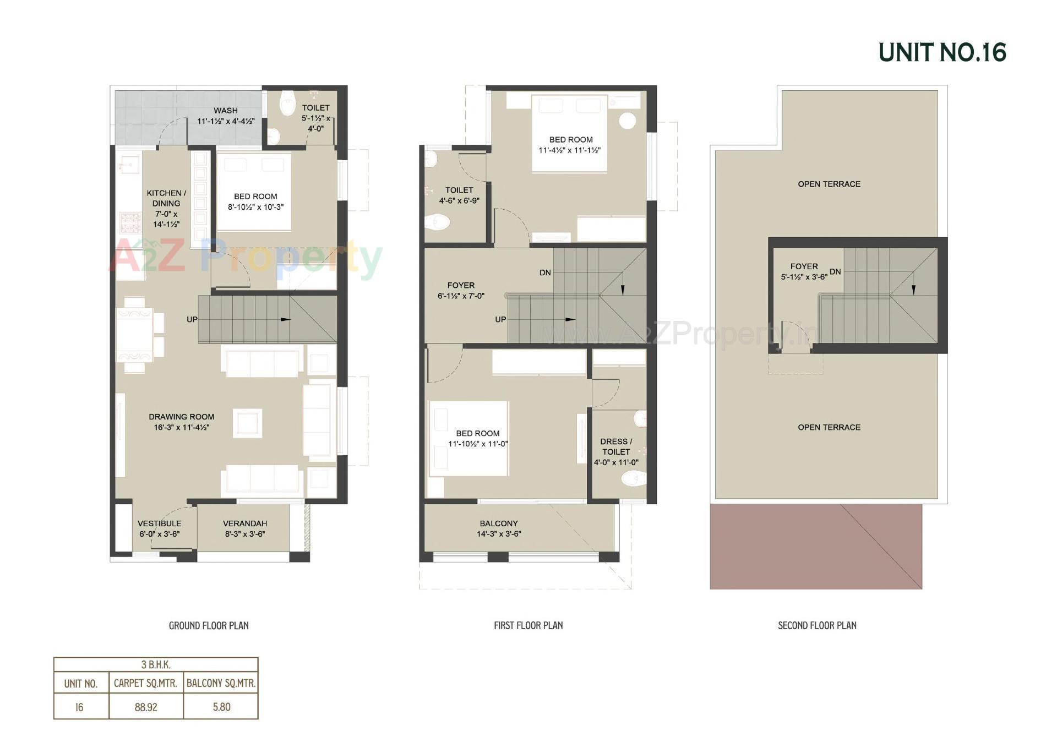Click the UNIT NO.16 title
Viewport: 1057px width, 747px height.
942,53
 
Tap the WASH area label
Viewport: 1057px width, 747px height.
226,111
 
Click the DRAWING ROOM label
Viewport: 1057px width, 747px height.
181,417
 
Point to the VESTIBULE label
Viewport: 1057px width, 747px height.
159,524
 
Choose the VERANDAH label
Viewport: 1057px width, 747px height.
245,524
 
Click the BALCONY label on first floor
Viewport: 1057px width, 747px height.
498,524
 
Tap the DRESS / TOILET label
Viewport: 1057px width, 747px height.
615,446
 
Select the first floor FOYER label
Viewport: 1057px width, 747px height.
461,285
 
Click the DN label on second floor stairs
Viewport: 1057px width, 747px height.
835,271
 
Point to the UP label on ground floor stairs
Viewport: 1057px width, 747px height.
192,319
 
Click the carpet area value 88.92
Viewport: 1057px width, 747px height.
146,707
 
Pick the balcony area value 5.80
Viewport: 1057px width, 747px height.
221,707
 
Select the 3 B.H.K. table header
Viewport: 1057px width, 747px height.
156,664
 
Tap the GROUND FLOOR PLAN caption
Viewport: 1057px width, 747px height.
209,625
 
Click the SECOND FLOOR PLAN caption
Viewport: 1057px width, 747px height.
817,625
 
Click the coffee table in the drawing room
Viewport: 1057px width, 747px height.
247,423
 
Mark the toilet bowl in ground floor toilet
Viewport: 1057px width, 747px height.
287,103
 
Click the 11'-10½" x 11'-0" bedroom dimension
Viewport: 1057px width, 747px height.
478,444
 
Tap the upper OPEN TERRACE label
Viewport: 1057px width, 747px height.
829,184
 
